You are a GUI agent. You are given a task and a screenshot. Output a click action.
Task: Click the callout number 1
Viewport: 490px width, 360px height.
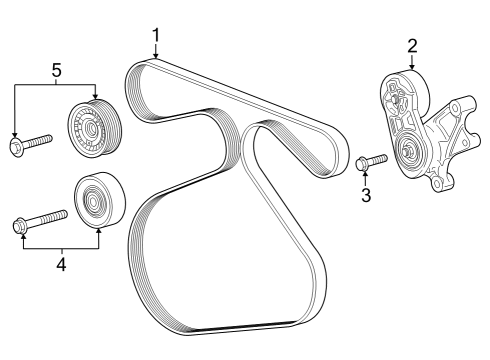click(x=156, y=36)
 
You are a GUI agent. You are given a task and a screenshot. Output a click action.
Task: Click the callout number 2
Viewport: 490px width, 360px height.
click(x=411, y=44)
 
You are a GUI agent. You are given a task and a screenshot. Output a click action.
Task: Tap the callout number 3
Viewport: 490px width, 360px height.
click(x=366, y=195)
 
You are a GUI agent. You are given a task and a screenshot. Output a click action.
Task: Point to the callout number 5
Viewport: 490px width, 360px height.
click(x=55, y=70)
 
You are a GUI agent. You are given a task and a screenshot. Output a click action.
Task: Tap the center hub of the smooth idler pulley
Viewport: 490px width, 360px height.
click(x=95, y=203)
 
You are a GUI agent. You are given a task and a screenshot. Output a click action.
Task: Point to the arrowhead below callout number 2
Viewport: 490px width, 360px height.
click(x=411, y=67)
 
